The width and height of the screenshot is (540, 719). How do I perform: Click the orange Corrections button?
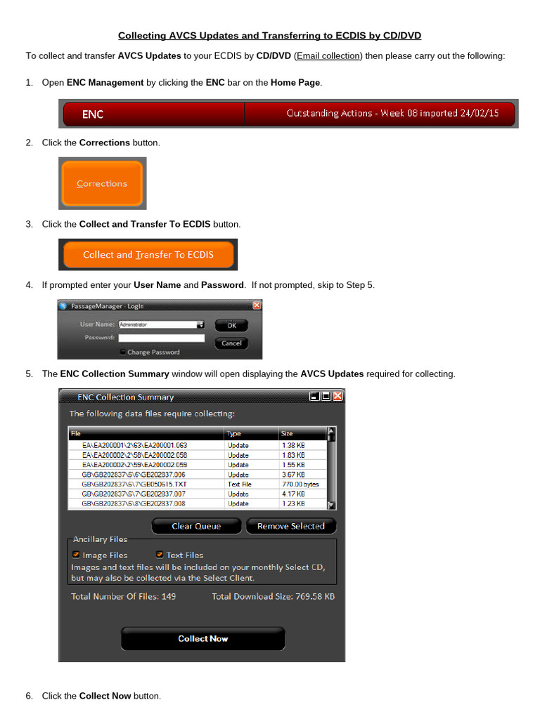click(x=102, y=184)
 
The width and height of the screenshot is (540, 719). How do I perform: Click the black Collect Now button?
click(x=203, y=638)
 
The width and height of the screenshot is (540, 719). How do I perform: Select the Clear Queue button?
click(x=196, y=526)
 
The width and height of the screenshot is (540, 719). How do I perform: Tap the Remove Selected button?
click(x=290, y=526)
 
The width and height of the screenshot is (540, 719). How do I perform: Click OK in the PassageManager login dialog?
click(x=231, y=326)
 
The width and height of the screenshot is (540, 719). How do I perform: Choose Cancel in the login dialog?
click(x=231, y=343)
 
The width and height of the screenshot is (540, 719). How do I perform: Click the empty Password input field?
click(x=161, y=338)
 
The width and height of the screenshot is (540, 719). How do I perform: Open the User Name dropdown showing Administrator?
click(x=200, y=325)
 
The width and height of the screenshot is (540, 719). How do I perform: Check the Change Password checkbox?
click(x=123, y=352)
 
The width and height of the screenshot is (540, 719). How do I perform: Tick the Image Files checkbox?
click(x=75, y=555)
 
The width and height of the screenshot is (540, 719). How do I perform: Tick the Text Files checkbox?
click(x=160, y=555)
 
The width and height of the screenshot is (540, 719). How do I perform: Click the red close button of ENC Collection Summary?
click(x=337, y=397)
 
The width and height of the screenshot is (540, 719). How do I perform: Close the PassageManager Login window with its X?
click(x=257, y=305)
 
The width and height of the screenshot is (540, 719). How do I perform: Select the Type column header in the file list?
click(x=234, y=434)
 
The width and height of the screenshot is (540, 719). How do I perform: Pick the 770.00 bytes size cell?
click(x=300, y=484)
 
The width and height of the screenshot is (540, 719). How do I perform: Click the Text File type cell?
click(x=240, y=484)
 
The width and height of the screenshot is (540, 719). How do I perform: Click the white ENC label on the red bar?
click(x=93, y=114)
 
